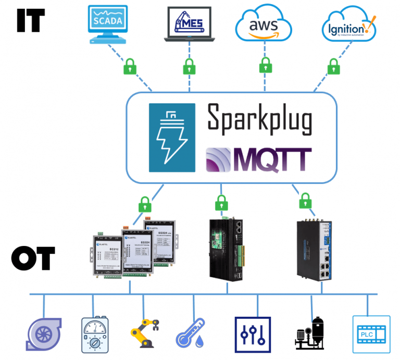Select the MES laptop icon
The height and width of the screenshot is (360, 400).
[x=189, y=24]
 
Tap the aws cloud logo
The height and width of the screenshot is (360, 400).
[x=263, y=24]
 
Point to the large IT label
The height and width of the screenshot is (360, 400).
[x=31, y=20]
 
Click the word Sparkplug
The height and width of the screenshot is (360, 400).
[x=259, y=118]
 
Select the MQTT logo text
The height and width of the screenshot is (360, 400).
[x=258, y=159]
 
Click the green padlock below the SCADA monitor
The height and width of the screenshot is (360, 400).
[x=130, y=66]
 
